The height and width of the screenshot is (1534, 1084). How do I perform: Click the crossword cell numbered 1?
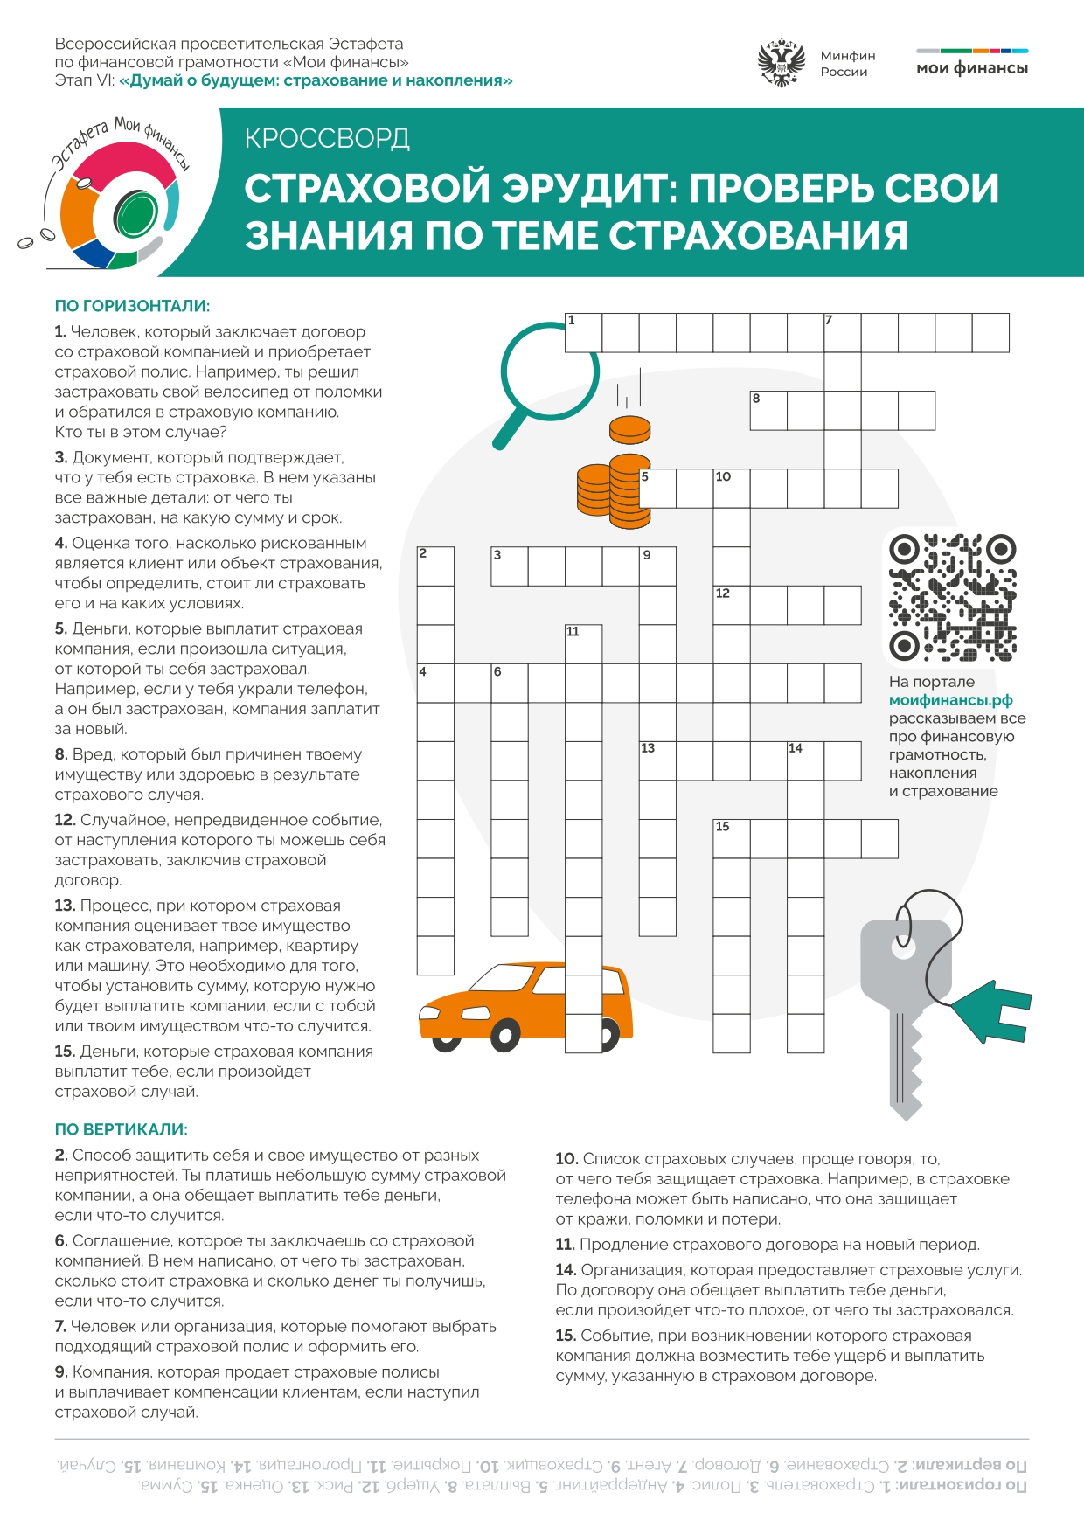point(583,333)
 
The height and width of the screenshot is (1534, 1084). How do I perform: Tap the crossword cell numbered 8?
point(768,411)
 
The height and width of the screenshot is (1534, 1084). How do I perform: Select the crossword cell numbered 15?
point(732,839)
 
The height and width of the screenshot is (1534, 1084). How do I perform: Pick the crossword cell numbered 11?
point(583,644)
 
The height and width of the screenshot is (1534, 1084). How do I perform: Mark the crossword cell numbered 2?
point(435,566)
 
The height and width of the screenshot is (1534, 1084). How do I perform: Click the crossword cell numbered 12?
point(732,605)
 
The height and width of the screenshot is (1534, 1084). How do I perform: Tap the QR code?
point(953,598)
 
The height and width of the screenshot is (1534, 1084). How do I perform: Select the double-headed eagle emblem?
point(781,62)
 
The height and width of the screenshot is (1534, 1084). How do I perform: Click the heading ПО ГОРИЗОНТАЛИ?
point(132,306)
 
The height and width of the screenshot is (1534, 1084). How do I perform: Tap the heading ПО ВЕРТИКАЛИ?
point(121,1129)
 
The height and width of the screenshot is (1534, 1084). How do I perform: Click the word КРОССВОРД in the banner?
point(327,138)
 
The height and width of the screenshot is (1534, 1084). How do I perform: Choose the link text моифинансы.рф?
point(950,700)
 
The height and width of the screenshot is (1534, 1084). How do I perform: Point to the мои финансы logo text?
point(972,68)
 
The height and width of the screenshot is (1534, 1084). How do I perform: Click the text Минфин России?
point(847,64)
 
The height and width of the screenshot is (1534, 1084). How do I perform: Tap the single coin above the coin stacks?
point(630,430)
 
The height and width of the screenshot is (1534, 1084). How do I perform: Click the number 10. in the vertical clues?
point(566,1159)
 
